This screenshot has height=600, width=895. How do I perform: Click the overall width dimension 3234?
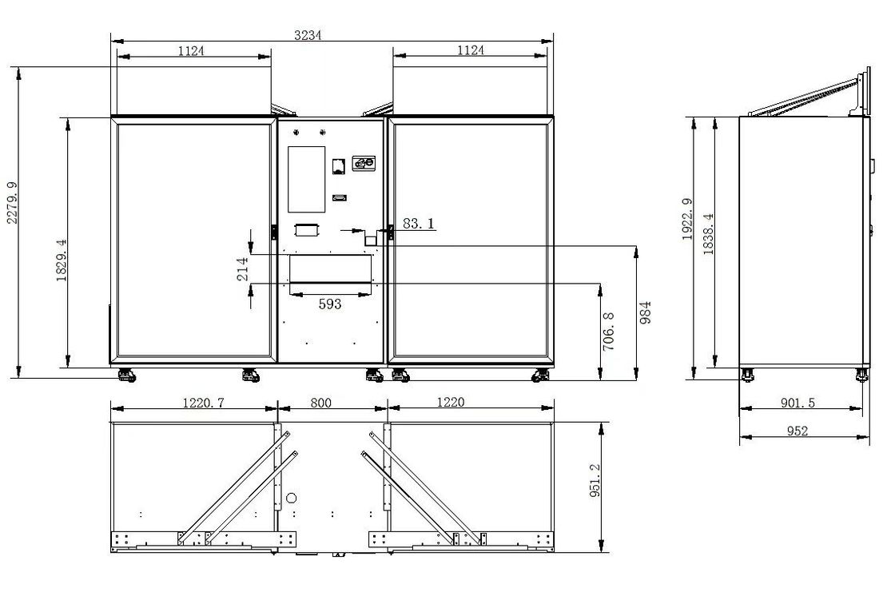(308, 35)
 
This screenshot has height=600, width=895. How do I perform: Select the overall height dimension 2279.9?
(12, 203)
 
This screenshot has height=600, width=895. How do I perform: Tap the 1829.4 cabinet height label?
(62, 260)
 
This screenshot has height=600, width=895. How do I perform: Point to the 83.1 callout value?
(418, 223)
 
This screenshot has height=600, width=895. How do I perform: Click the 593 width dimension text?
(330, 304)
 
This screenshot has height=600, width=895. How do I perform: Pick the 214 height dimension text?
(243, 269)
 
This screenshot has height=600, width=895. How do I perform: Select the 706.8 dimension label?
(608, 331)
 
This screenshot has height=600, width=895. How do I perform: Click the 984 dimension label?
(646, 313)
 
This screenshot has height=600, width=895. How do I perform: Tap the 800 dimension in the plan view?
(320, 403)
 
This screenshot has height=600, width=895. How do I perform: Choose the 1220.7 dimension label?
(203, 403)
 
